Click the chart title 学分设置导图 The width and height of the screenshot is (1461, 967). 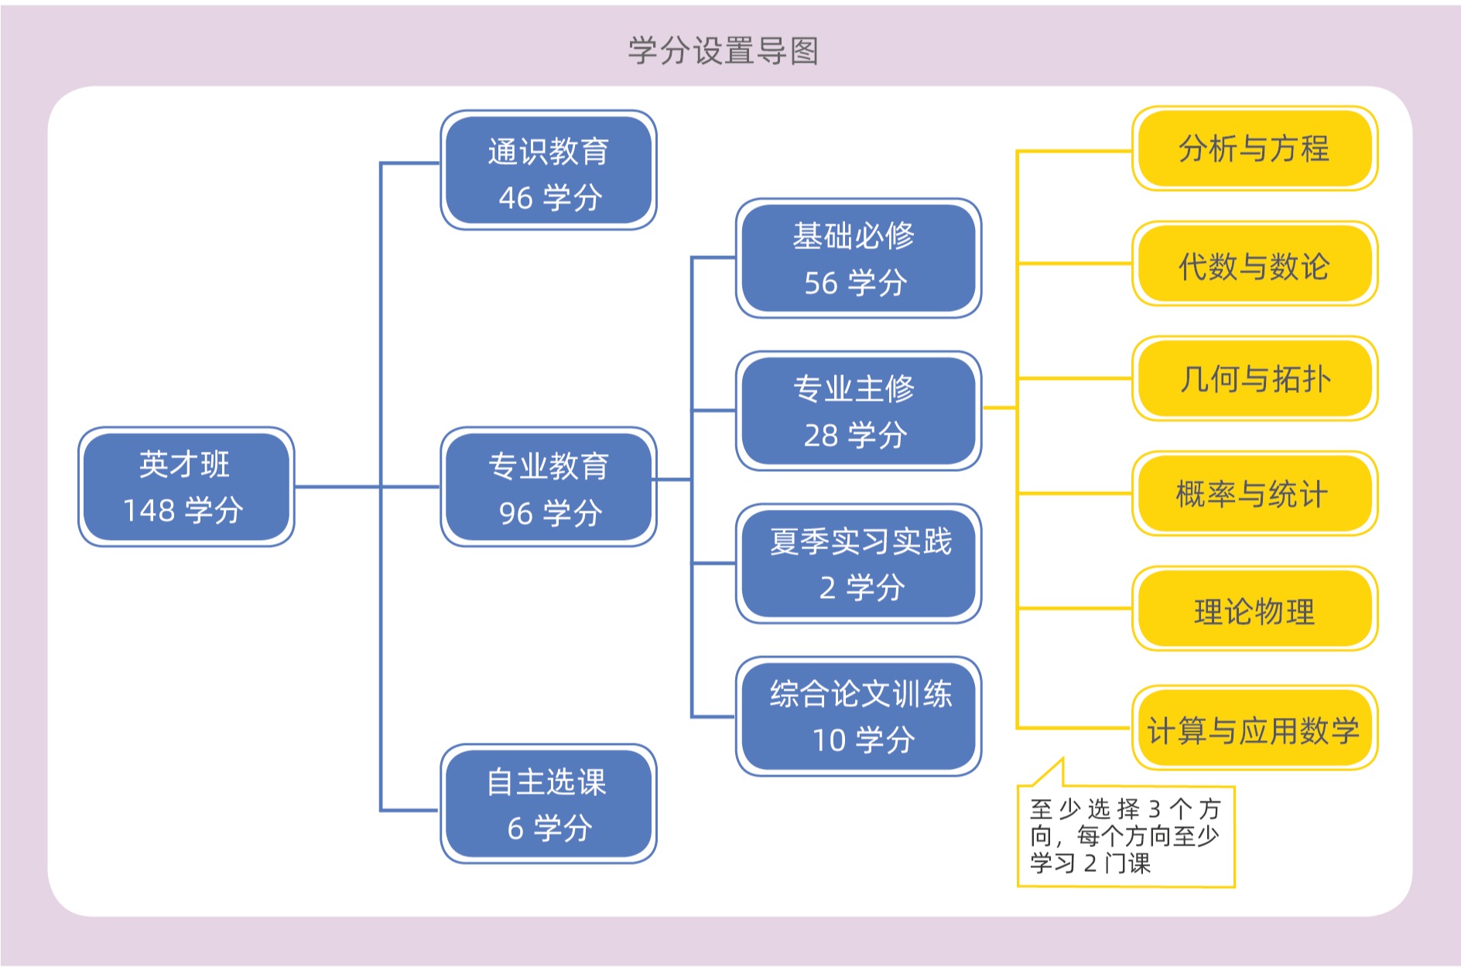tap(723, 51)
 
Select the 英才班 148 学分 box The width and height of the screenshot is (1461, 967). tap(186, 487)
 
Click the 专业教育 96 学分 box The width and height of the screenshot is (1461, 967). tap(549, 487)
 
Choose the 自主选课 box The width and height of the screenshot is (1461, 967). tap(549, 804)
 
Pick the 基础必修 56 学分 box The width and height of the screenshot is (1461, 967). tap(858, 258)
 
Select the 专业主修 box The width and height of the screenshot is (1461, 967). tap(858, 411)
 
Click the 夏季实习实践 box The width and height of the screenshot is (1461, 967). tap(858, 563)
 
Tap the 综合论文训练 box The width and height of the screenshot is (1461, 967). tap(858, 716)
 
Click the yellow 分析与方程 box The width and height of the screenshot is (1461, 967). tap(1254, 149)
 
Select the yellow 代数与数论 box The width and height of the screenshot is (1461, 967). tap(1254, 264)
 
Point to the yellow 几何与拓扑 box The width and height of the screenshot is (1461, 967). tap(1254, 378)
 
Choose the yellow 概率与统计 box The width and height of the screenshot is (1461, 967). tap(1254, 494)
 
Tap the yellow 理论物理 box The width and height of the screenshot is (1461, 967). tap(1254, 609)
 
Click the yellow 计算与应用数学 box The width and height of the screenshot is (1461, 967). tap(1254, 728)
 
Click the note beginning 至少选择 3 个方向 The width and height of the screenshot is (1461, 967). tap(1124, 836)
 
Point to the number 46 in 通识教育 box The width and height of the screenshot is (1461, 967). tap(515, 198)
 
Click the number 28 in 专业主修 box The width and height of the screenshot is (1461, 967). tap(820, 436)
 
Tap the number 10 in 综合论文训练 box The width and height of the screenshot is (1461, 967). tap(829, 740)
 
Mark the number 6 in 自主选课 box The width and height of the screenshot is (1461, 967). tap(515, 829)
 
